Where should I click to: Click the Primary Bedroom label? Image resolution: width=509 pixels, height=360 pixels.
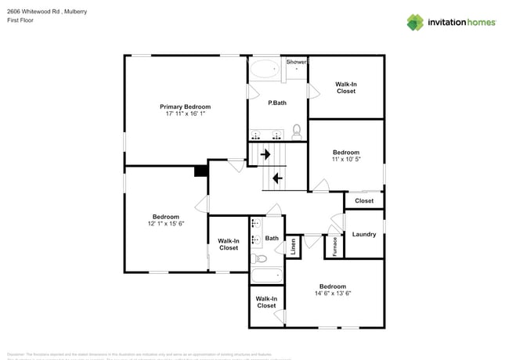[x=185, y=106]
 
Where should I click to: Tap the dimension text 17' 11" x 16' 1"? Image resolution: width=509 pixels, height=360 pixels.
[x=185, y=114]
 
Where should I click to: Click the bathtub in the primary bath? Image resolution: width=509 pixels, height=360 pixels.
[x=264, y=69]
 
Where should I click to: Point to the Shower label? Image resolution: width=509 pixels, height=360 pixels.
[x=296, y=61]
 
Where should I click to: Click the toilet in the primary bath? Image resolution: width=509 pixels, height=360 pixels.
[x=297, y=131]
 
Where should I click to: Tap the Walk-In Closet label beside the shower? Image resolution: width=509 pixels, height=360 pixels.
[x=345, y=87]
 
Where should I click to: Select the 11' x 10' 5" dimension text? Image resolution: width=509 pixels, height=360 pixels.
[x=345, y=160]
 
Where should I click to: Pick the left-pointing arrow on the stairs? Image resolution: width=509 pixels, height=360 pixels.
[x=276, y=178]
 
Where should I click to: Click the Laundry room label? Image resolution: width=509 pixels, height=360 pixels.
[x=364, y=234]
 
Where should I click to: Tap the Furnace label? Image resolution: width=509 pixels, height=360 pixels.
[x=334, y=247]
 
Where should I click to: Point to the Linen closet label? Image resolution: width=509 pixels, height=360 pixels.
[x=294, y=247]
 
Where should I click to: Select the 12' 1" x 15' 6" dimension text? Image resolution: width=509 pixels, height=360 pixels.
[x=165, y=224]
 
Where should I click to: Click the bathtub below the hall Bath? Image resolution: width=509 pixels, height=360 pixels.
[x=267, y=275]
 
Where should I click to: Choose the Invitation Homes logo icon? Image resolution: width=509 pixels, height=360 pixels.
[x=415, y=22]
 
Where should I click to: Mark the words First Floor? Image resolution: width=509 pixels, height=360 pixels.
[x=22, y=20]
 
